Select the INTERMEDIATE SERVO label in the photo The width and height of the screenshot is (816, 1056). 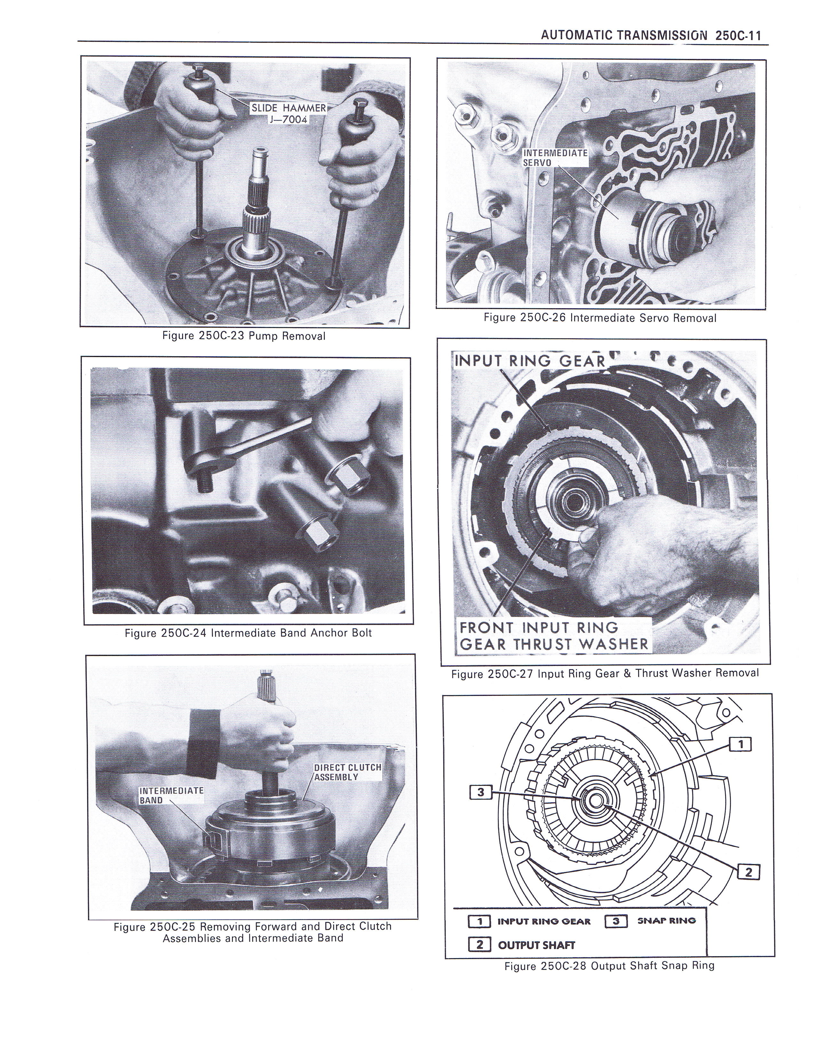point(555,158)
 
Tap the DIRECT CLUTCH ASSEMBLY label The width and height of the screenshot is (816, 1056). point(348,772)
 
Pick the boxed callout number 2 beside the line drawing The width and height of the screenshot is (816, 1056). point(749,872)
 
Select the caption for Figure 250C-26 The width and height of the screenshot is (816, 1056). point(600,318)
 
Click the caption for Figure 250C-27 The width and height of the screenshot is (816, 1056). point(605,673)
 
